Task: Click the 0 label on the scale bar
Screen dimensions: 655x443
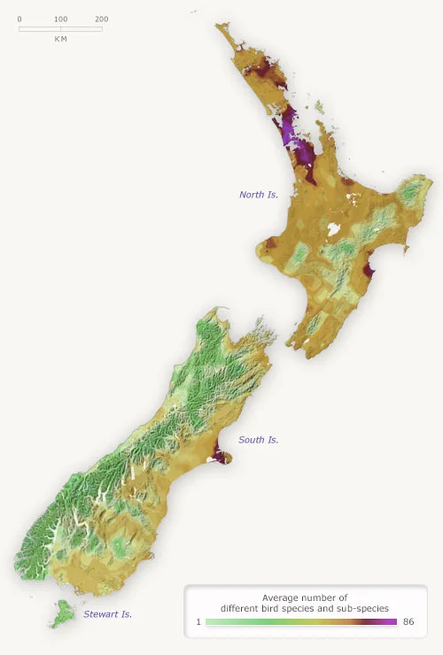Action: pos(19,19)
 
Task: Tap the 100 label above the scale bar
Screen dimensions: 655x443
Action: pos(60,19)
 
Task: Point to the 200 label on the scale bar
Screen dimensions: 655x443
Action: pos(101,19)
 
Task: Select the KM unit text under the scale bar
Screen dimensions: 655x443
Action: pos(60,39)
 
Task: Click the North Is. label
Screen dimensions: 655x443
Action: pos(259,194)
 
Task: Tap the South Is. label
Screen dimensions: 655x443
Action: pos(259,439)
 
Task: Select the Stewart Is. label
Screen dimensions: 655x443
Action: pos(108,613)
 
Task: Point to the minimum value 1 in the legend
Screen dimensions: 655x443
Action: pos(198,622)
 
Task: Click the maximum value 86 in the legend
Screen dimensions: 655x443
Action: pos(408,622)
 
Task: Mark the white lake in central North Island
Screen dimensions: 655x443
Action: pos(334,229)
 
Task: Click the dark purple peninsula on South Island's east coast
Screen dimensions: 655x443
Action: pos(221,457)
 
